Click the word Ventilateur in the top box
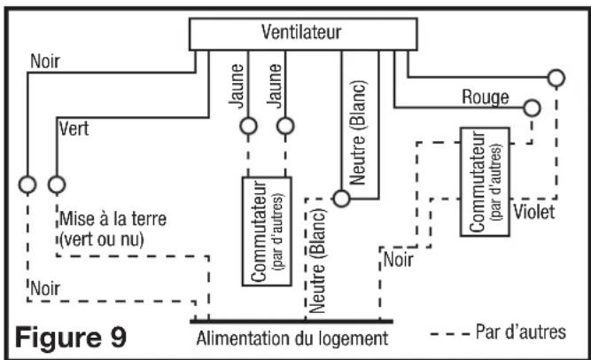(x=301, y=32)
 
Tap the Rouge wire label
(x=486, y=98)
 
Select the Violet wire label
(x=534, y=212)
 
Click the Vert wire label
(x=74, y=129)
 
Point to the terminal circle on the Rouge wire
(x=532, y=108)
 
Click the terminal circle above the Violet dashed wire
(x=556, y=78)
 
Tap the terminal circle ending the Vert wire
(x=57, y=184)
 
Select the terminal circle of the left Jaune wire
(x=248, y=126)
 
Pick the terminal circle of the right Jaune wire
(x=285, y=126)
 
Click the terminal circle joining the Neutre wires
(x=341, y=199)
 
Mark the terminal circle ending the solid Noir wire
(x=27, y=184)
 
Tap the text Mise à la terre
(x=113, y=219)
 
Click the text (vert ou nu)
(x=102, y=239)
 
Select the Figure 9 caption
(x=71, y=337)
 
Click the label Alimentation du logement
(x=292, y=339)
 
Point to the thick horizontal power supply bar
(x=292, y=322)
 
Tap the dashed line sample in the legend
(x=449, y=334)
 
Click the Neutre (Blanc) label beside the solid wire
(x=358, y=133)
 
